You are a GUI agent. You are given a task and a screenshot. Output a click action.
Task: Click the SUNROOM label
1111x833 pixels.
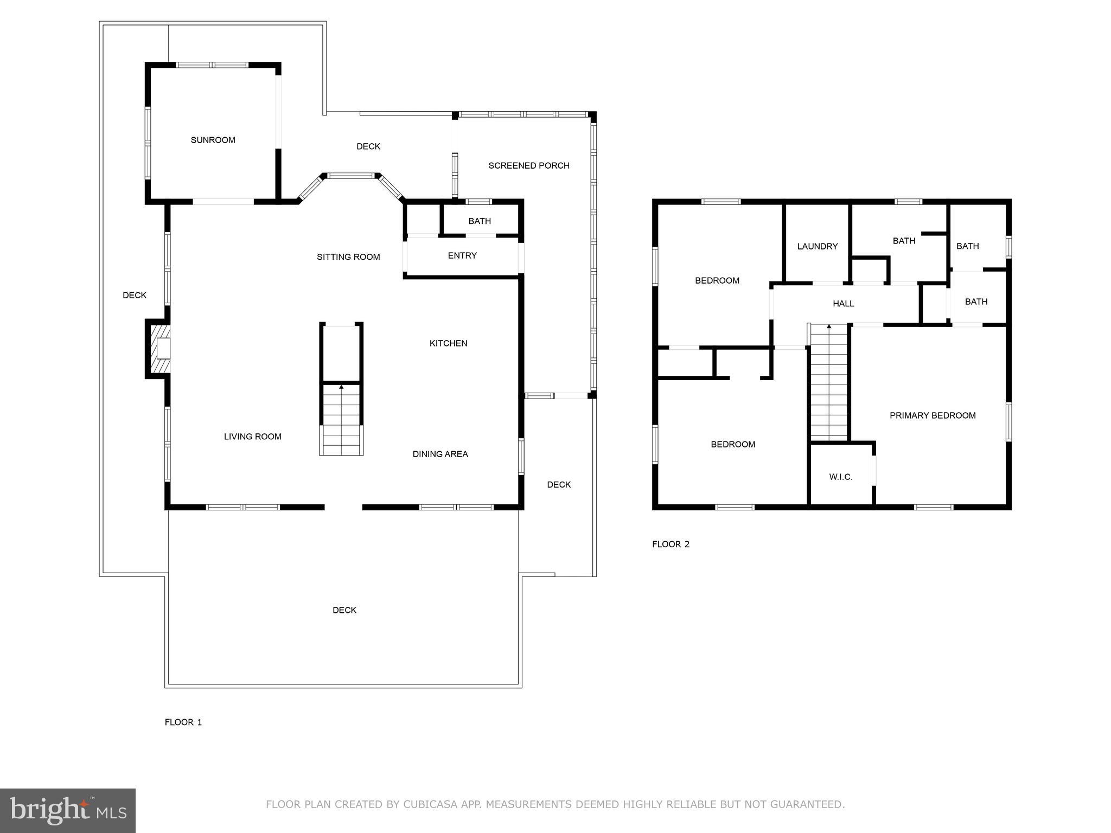pos(213,140)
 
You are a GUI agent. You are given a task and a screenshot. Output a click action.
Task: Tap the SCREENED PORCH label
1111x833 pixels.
pos(529,165)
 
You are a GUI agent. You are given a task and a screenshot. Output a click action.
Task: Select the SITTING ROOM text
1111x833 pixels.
pos(348,257)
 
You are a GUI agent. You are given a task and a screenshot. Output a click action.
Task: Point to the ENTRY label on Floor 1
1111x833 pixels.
pos(462,255)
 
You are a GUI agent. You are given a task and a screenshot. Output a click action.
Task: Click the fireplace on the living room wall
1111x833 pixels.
pos(158,349)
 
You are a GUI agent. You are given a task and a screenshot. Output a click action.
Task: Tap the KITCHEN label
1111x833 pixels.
pos(448,343)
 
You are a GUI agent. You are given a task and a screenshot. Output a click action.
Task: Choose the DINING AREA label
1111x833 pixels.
pos(440,454)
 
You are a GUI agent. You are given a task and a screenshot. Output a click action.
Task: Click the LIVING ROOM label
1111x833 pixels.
pos(253,437)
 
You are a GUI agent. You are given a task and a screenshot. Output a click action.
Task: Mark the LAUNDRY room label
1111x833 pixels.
pos(818,246)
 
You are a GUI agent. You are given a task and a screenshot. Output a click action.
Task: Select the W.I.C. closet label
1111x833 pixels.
pos(841,477)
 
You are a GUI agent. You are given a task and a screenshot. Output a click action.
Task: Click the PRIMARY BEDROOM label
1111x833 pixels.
pos(933,415)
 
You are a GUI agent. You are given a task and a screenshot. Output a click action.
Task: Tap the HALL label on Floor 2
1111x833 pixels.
pos(844,304)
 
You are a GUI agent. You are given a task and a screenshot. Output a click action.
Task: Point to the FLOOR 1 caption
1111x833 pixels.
pos(183,722)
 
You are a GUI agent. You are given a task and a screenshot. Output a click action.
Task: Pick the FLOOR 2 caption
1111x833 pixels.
pos(671,544)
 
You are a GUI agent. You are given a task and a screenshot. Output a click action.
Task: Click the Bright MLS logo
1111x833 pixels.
pos(68,811)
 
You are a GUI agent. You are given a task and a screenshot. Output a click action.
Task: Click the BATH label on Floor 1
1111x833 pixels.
pos(480,221)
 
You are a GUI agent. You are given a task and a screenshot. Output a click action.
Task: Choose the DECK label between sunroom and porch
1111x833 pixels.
pos(368,146)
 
